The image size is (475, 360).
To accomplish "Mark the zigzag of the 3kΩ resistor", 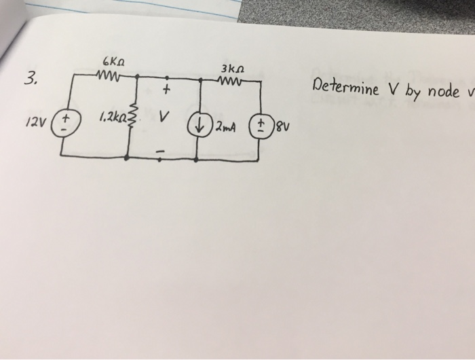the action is [232, 82].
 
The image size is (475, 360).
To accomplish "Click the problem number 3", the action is [28, 79].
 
